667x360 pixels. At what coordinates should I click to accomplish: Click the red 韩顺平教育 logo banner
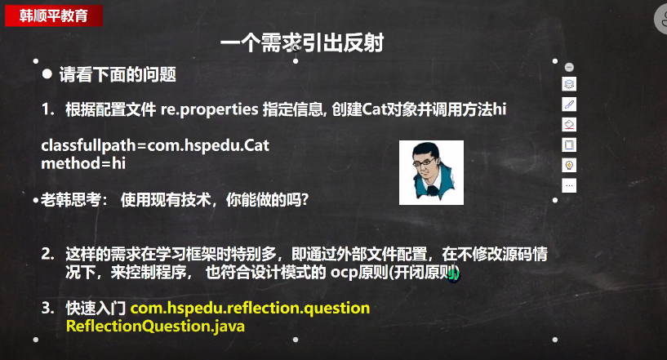tap(54, 16)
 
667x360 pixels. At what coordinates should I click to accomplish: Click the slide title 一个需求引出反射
tap(302, 42)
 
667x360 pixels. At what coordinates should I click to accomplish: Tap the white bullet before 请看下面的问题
tap(47, 74)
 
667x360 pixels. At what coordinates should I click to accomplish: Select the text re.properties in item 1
tap(209, 109)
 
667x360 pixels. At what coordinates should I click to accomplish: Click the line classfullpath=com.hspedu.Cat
tap(155, 145)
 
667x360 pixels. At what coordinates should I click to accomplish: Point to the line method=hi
tap(83, 163)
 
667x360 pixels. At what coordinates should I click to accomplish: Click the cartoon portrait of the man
tap(431, 172)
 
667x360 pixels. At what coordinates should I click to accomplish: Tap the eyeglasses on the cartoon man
tap(423, 162)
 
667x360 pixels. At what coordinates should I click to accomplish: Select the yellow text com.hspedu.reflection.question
tap(250, 308)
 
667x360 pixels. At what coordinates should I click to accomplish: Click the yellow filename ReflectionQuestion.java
tap(155, 326)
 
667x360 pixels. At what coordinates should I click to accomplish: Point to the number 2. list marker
tap(47, 254)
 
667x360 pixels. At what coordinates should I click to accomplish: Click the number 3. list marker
tap(47, 308)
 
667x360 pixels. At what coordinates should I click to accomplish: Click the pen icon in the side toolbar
tap(569, 104)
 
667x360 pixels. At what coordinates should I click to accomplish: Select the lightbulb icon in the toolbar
tap(569, 165)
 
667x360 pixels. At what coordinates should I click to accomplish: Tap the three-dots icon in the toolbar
tap(569, 185)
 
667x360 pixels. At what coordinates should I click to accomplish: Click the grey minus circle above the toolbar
tap(569, 67)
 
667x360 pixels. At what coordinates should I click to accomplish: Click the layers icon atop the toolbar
tap(569, 84)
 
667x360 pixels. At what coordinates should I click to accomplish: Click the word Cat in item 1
tap(374, 109)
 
